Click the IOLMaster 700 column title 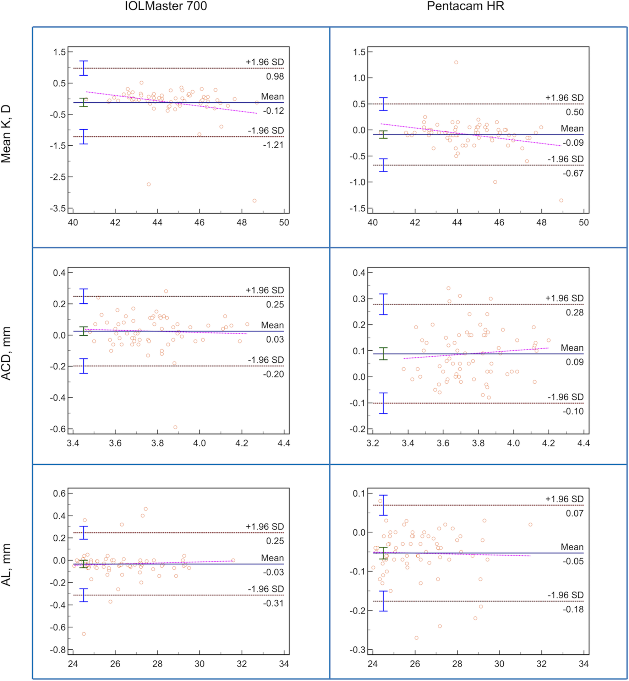166,6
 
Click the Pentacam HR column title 465,6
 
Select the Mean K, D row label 6,134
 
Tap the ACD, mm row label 6,353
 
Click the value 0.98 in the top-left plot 275,77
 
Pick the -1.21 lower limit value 273,145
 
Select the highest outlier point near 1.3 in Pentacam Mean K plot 456,63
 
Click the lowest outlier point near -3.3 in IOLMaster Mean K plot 255,201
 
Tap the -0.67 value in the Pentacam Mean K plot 573,173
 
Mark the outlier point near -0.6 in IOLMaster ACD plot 175,427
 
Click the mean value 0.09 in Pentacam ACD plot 575,362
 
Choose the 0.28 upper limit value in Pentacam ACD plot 575,313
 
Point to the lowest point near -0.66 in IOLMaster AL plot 84,634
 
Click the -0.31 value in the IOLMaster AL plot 273,603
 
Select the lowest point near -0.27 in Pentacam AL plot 416,638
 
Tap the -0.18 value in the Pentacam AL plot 573,610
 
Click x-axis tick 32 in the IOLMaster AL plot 242,664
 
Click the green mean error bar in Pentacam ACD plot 383,354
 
